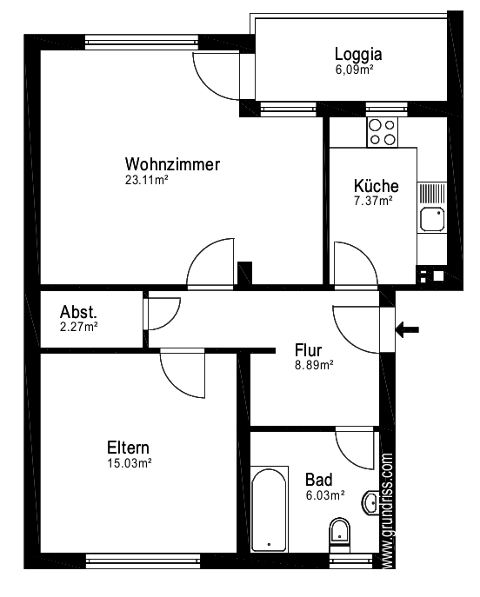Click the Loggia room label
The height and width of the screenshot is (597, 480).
pyautogui.click(x=358, y=54)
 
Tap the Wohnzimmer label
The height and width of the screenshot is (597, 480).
pyautogui.click(x=172, y=164)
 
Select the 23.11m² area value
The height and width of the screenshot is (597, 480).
pyautogui.click(x=146, y=181)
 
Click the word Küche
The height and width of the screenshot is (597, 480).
pyautogui.click(x=376, y=186)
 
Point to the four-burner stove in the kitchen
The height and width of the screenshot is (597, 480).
pyautogui.click(x=383, y=131)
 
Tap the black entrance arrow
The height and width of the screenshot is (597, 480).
pyautogui.click(x=407, y=328)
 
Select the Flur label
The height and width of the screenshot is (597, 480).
pyautogui.click(x=309, y=350)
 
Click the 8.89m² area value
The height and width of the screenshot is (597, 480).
pyautogui.click(x=313, y=366)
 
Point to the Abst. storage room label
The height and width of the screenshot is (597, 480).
pyautogui.click(x=78, y=312)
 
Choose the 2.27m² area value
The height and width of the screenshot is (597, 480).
pyautogui.click(x=78, y=327)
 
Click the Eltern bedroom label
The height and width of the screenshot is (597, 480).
pyautogui.click(x=129, y=448)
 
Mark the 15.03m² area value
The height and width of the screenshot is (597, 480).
pyautogui.click(x=130, y=463)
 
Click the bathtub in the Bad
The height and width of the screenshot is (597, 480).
pyautogui.click(x=269, y=508)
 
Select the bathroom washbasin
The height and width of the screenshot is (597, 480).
pyautogui.click(x=371, y=501)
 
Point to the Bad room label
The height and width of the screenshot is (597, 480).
pyautogui.click(x=318, y=479)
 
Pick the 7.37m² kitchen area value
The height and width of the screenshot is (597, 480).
pyautogui.click(x=373, y=201)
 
